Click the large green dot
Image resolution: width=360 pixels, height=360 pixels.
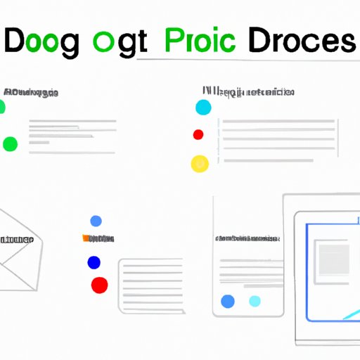[x=10, y=144]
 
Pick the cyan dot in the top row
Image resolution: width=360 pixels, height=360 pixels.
[x=203, y=107]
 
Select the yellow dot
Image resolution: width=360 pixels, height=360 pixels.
[x=200, y=163]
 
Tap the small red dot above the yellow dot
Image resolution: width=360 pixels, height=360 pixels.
[x=198, y=134]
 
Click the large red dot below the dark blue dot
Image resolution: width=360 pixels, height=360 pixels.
[x=100, y=285]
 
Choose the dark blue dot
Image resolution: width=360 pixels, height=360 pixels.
[x=94, y=262]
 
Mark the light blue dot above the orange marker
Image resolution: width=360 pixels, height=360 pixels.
[x=96, y=221]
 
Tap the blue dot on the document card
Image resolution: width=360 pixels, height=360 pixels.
[x=227, y=301]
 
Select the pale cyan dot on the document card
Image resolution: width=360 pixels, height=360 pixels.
[x=255, y=301]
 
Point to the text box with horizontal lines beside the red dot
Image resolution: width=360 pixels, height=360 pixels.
[x=150, y=277]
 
